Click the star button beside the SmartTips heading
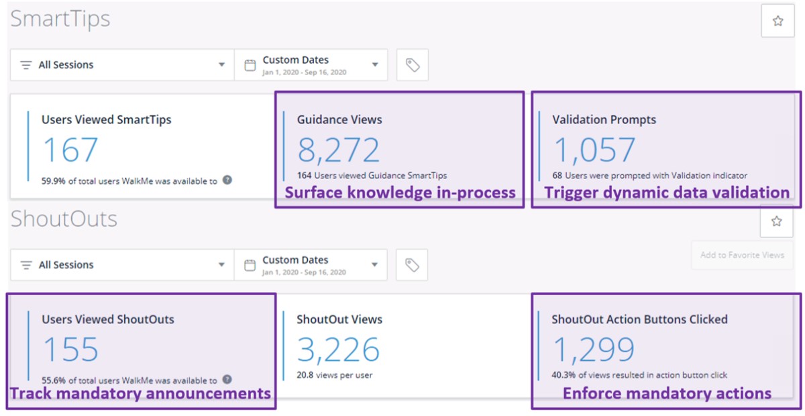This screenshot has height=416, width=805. click(x=777, y=21)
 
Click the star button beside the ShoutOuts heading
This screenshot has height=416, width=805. click(x=777, y=221)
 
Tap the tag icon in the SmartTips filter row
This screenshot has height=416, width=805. click(x=413, y=65)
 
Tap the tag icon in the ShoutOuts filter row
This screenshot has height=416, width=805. click(x=412, y=265)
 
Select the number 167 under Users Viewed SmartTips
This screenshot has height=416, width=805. click(x=70, y=150)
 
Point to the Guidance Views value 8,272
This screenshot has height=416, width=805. click(x=339, y=150)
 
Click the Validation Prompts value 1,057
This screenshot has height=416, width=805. click(x=594, y=150)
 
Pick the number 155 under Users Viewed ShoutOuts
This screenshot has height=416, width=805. click(x=70, y=349)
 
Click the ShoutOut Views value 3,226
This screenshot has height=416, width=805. click(x=338, y=350)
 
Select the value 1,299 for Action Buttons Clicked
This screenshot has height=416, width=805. click(x=594, y=350)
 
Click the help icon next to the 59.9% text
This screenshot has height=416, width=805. click(x=227, y=180)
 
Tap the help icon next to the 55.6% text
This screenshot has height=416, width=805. click(x=227, y=379)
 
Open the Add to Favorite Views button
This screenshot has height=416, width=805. click(x=742, y=255)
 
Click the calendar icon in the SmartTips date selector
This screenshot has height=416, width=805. click(x=250, y=66)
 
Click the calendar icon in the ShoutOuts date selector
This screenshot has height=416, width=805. click(x=250, y=265)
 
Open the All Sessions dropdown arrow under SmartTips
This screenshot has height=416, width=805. click(x=222, y=64)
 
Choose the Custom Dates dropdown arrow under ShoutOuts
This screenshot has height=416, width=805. click(x=374, y=264)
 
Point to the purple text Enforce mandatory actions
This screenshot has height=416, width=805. click(x=667, y=393)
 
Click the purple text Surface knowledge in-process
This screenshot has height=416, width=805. click(x=400, y=193)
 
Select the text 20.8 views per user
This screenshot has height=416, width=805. click(x=334, y=375)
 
